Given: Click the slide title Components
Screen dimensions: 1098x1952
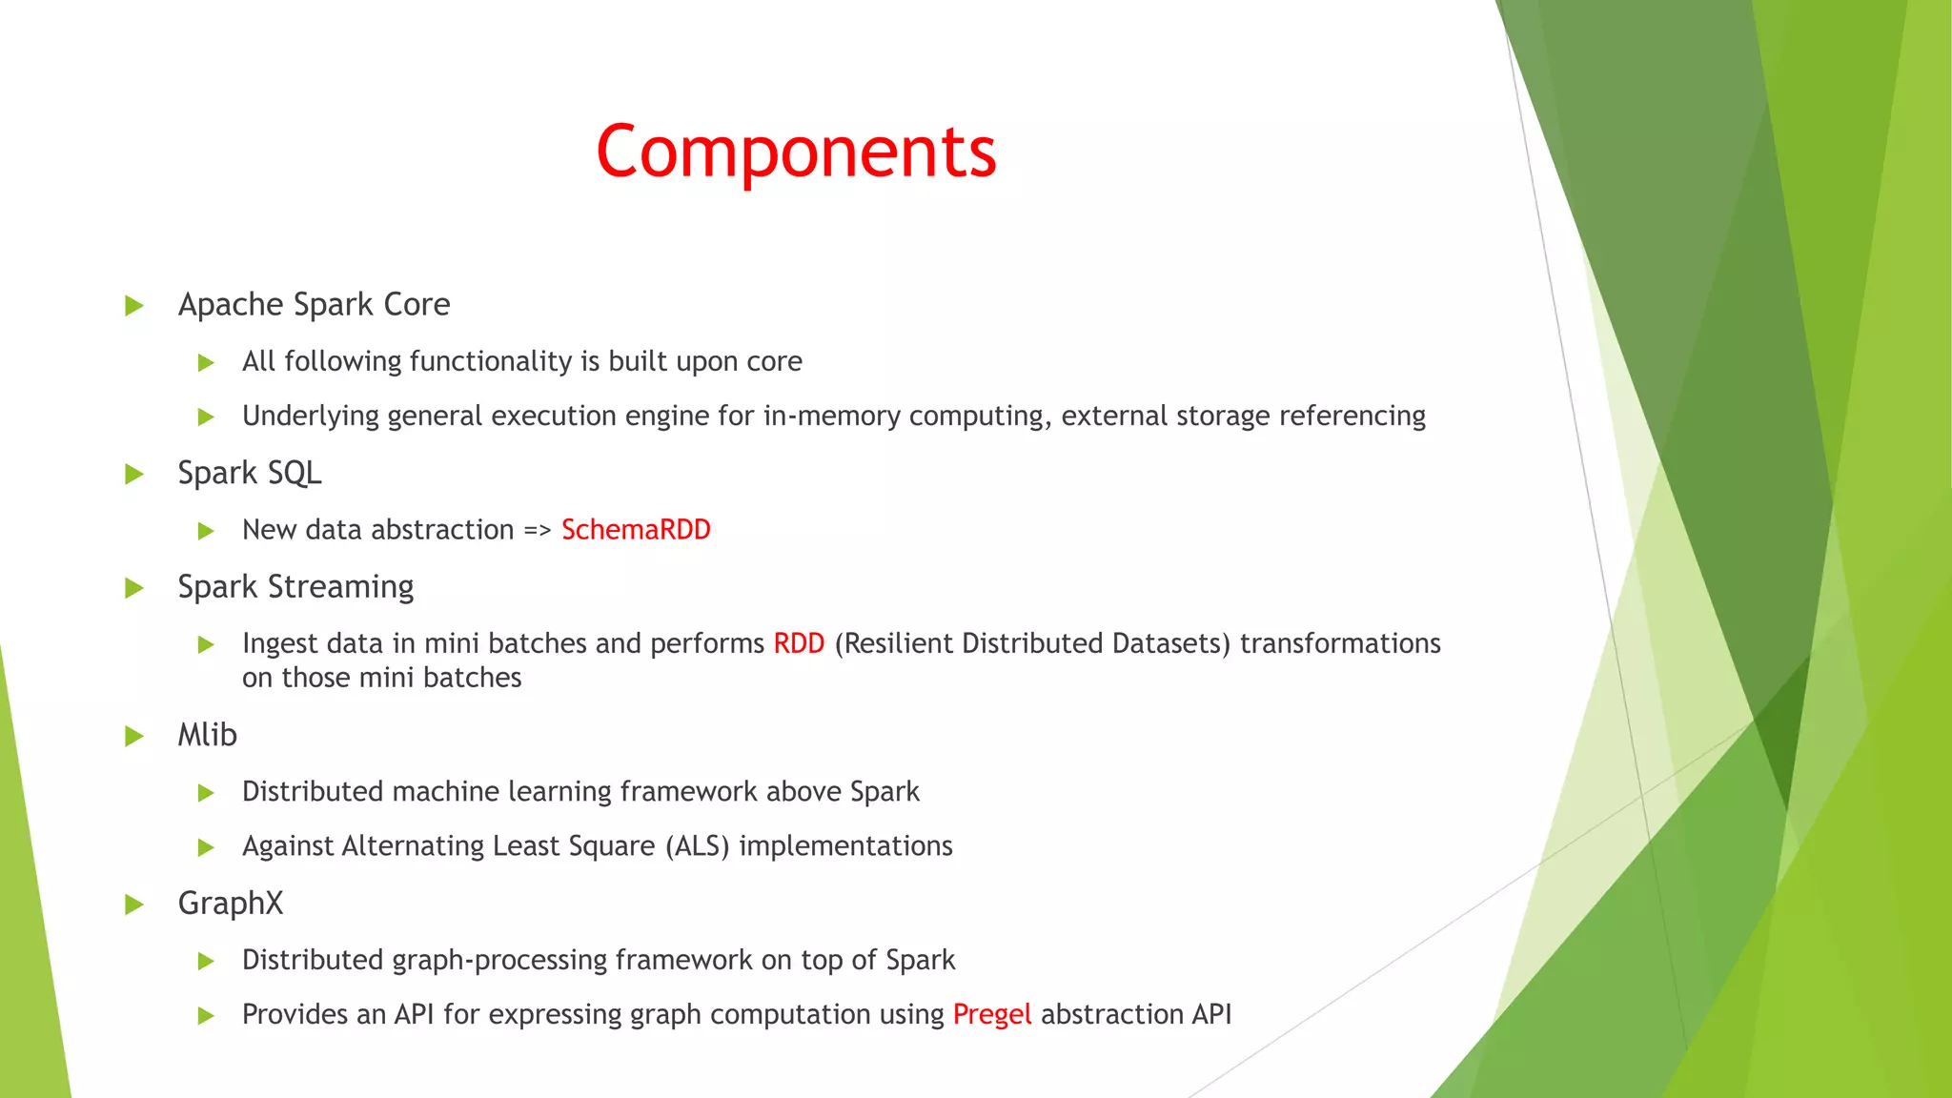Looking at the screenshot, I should (x=796, y=152).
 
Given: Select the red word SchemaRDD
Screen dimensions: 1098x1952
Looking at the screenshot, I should (x=636, y=530).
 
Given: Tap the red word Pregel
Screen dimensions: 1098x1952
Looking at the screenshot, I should (x=991, y=1014).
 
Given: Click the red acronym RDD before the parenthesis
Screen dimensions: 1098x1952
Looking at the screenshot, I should (x=798, y=643).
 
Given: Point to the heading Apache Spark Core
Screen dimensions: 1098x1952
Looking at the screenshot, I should (x=314, y=305).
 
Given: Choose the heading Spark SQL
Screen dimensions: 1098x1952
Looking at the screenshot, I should (x=249, y=474).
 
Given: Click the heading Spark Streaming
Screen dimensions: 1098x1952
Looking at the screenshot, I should (x=295, y=587).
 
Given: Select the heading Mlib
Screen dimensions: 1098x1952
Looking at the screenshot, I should (x=207, y=735).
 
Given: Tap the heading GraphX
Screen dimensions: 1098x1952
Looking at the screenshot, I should (x=230, y=904).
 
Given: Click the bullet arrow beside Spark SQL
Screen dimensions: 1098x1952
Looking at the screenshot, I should (x=134, y=474).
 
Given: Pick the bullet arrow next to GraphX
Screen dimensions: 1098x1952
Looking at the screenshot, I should (x=134, y=905).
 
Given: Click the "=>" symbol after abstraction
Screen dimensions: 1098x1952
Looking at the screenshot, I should (x=538, y=531).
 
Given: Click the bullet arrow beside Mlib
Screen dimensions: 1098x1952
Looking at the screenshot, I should (x=134, y=736).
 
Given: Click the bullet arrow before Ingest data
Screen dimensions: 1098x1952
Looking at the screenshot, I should (x=206, y=645).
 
